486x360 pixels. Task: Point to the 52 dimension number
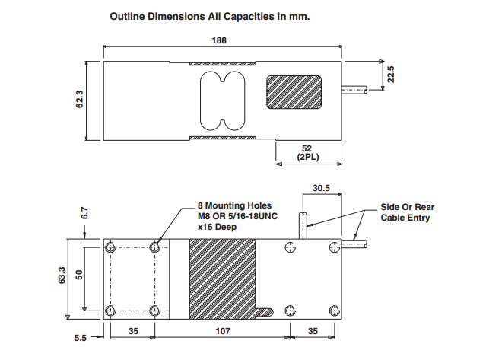click(307, 148)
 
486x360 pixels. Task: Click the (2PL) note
click(307, 158)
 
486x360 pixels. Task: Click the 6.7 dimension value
click(85, 214)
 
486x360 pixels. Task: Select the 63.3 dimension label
click(62, 274)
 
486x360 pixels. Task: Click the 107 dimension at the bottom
click(221, 332)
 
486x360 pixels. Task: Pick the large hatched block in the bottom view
click(223, 278)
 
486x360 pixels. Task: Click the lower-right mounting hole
click(334, 310)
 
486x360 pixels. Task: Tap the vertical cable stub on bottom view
click(303, 226)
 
